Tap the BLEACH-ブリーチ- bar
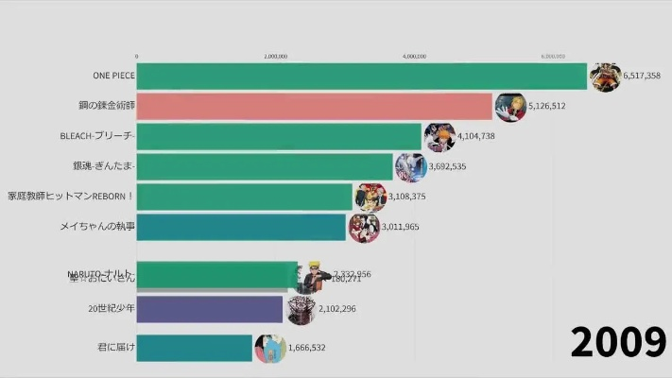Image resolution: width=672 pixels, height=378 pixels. (x=279, y=136)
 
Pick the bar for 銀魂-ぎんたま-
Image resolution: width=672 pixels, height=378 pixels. (x=265, y=166)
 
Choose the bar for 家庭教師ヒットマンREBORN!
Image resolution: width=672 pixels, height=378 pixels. (x=246, y=197)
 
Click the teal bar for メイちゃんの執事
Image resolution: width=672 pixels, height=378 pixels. (x=242, y=227)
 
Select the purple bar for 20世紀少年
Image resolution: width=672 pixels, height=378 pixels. (x=210, y=309)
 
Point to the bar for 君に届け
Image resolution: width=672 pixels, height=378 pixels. (x=195, y=348)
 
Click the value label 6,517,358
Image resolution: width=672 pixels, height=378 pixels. (x=641, y=76)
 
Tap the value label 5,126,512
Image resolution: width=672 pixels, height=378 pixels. (x=546, y=106)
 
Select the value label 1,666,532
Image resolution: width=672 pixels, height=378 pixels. (x=306, y=348)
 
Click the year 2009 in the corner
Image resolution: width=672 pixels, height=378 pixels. (x=618, y=341)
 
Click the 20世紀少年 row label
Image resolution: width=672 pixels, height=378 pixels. (x=111, y=309)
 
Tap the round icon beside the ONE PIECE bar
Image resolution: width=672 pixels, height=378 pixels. (x=604, y=76)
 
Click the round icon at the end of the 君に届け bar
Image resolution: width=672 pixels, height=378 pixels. (x=269, y=348)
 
